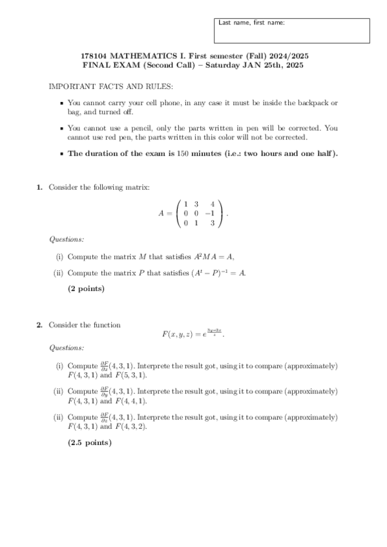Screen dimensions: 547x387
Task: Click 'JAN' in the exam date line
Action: pos(245,66)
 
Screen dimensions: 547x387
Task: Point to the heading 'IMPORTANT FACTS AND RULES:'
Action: pos(110,86)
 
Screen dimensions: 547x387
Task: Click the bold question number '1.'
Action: pos(39,188)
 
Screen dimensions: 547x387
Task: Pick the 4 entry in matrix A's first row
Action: pos(211,204)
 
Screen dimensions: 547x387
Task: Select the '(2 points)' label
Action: pos(86,289)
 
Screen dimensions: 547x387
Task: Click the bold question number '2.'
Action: pos(39,325)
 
